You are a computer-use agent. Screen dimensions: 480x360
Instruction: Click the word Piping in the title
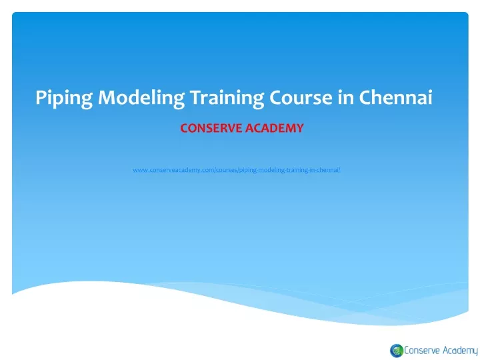pos(64,99)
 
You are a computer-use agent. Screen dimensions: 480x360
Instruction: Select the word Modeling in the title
pos(141,99)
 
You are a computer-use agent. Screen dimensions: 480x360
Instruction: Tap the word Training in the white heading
pos(227,99)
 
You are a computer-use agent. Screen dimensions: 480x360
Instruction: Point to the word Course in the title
pos(301,97)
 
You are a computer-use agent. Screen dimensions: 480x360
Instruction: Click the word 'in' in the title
pos(345,97)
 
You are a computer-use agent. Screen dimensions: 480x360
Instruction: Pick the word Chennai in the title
pos(395,97)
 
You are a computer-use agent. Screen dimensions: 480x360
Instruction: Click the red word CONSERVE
pos(211,128)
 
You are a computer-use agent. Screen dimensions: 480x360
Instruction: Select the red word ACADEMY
pos(274,128)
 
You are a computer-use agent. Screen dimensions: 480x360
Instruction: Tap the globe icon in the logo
pos(397,351)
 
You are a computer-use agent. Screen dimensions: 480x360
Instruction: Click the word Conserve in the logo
pos(422,350)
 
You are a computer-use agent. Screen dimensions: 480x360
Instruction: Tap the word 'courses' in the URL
pos(227,170)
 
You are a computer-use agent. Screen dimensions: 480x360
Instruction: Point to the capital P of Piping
pos(41,97)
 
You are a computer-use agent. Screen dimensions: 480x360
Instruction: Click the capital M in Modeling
pos(107,97)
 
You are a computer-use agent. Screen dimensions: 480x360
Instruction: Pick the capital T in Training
pos(196,97)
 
